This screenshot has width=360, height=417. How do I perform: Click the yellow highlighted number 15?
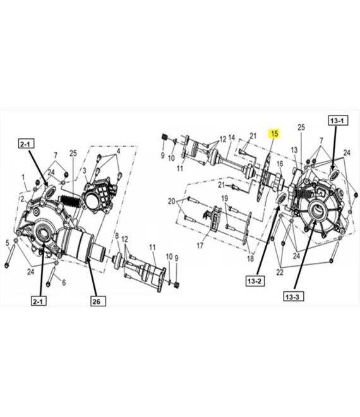274,133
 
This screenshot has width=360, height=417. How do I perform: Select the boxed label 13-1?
337,121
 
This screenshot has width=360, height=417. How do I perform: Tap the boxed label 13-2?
255,281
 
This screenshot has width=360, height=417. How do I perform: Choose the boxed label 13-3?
292,296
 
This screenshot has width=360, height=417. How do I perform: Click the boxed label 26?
97,301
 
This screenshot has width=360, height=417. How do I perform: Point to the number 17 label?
200,246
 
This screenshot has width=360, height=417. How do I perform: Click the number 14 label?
232,138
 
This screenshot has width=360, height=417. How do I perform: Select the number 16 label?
280,164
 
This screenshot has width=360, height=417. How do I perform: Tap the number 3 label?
85,171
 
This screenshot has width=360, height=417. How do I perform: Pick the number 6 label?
64,282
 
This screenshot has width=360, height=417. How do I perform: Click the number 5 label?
7,243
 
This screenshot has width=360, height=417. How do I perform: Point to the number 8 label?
117,236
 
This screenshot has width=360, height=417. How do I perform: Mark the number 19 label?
225,198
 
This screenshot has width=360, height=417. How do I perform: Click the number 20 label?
172,202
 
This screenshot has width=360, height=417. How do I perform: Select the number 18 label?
251,258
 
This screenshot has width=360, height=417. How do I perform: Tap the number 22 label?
280,272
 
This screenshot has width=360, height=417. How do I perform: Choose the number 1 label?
23,177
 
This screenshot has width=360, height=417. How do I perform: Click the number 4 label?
118,152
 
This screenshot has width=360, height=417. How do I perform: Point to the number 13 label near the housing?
294,150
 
